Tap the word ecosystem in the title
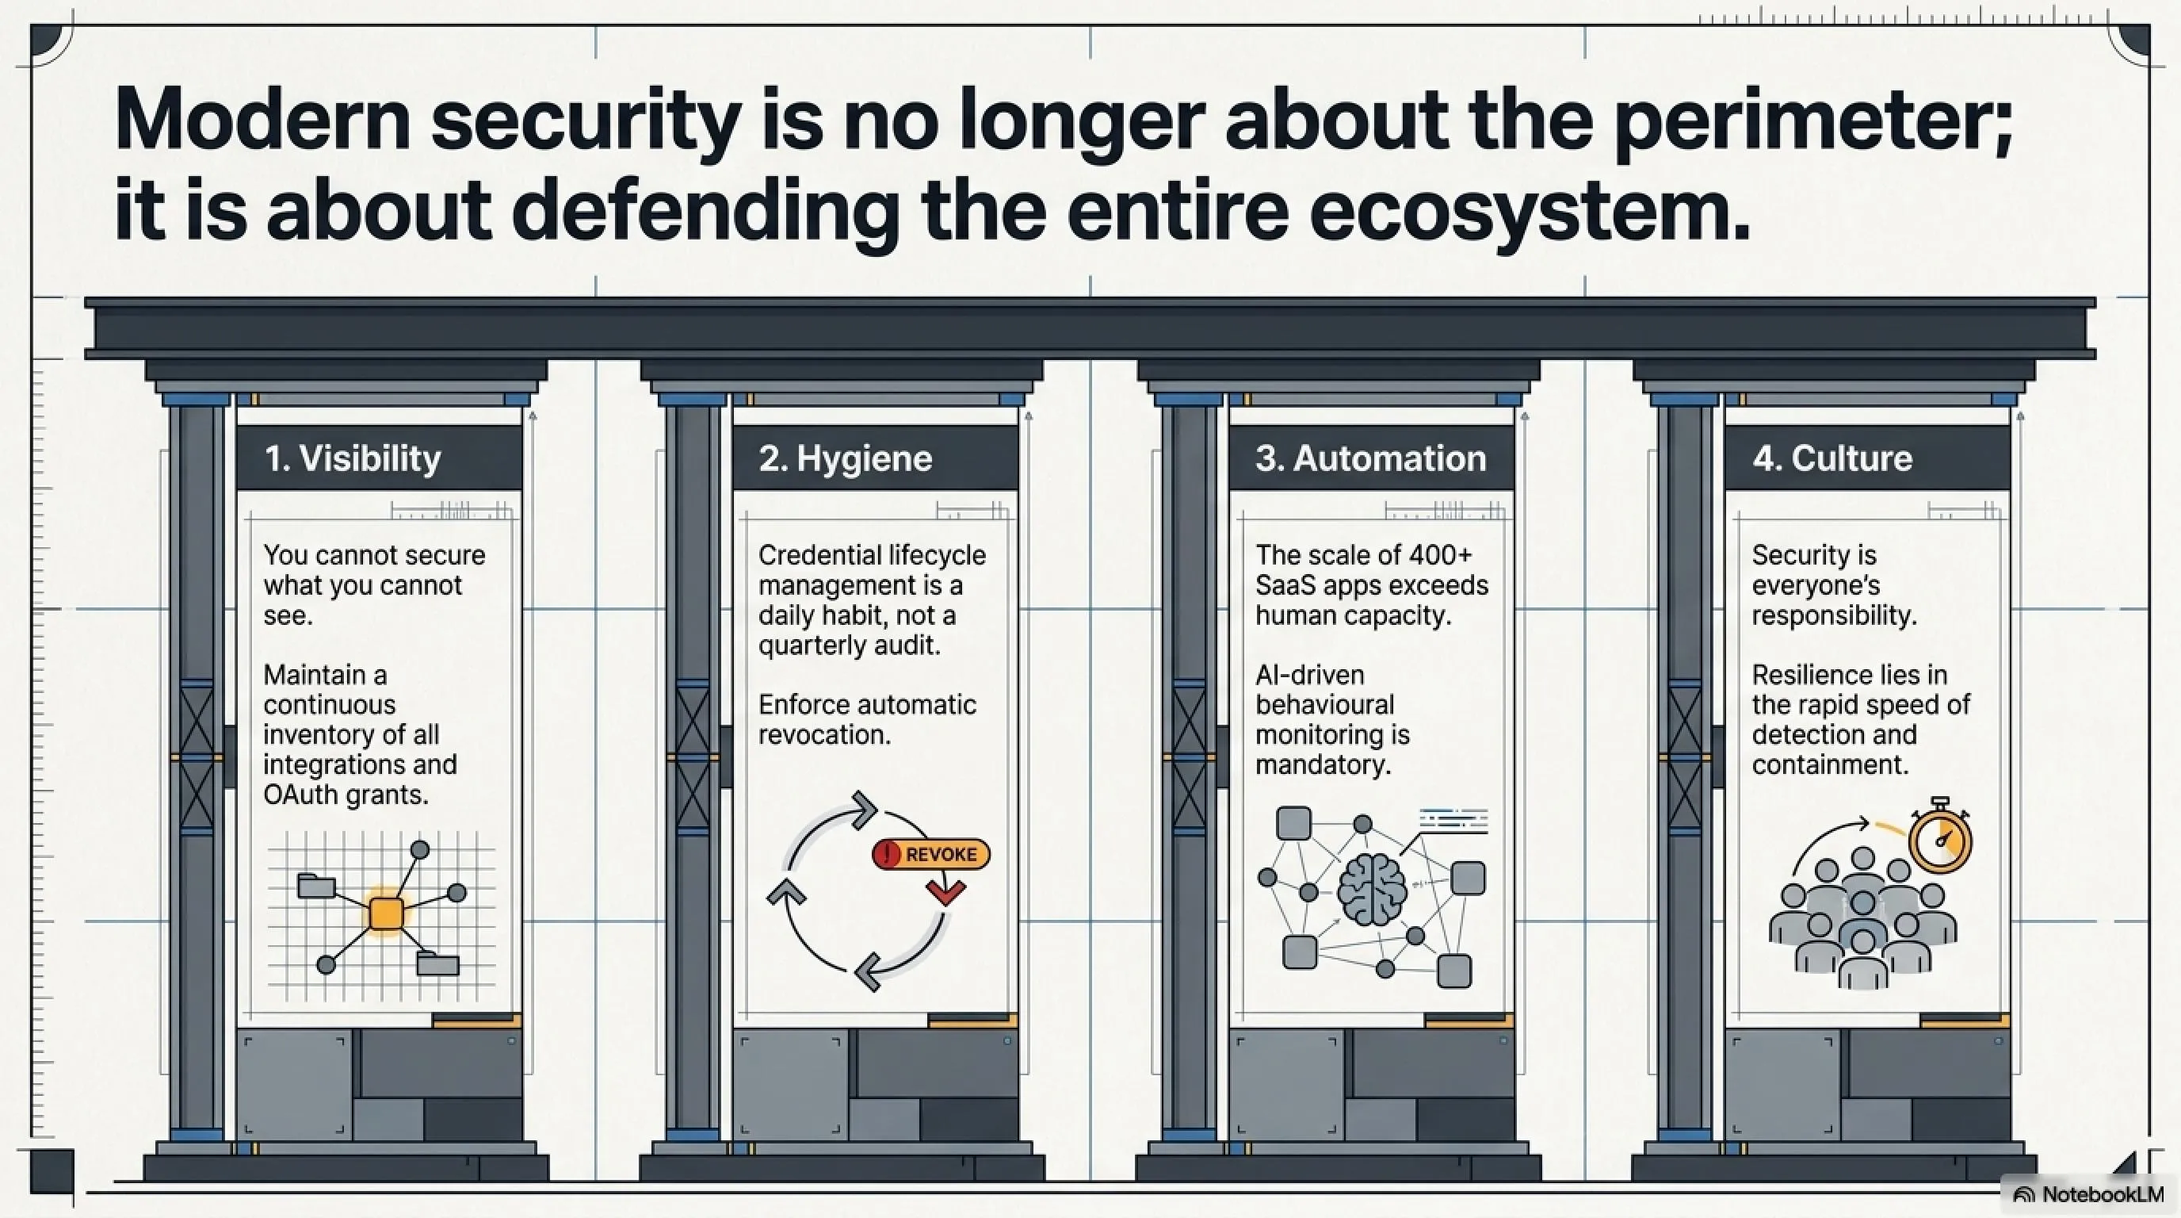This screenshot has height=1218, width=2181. pyautogui.click(x=1529, y=212)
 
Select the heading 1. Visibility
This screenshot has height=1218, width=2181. pyautogui.click(x=353, y=458)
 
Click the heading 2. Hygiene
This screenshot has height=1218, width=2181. pyautogui.click(x=845, y=458)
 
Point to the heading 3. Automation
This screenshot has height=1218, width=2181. pyautogui.click(x=1371, y=458)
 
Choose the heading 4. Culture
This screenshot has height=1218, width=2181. pyautogui.click(x=1833, y=458)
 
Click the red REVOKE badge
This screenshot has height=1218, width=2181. pyautogui.click(x=930, y=854)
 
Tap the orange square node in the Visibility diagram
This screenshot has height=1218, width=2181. pyautogui.click(x=386, y=913)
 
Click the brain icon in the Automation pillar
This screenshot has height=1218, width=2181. pyautogui.click(x=1372, y=890)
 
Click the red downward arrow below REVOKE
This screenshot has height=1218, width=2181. pyautogui.click(x=945, y=891)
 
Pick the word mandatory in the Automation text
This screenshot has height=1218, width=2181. pyautogui.click(x=1323, y=765)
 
